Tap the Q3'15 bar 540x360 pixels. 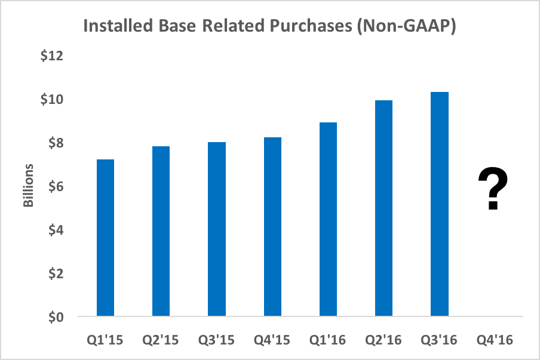pyautogui.click(x=216, y=229)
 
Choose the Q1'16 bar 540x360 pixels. pyautogui.click(x=328, y=219)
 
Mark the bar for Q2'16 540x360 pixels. pyautogui.click(x=383, y=208)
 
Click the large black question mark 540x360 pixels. pyautogui.click(x=493, y=189)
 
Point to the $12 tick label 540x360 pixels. pyautogui.click(x=52, y=56)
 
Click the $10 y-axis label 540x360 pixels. pyautogui.click(x=52, y=100)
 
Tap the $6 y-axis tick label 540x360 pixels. pyautogui.click(x=55, y=187)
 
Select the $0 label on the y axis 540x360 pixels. pyautogui.click(x=55, y=317)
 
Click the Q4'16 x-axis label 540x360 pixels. pyautogui.click(x=495, y=340)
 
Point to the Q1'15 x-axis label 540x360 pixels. pyautogui.click(x=105, y=340)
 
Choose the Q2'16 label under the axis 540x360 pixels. pyautogui.click(x=383, y=340)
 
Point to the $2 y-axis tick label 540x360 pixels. pyautogui.click(x=55, y=274)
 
